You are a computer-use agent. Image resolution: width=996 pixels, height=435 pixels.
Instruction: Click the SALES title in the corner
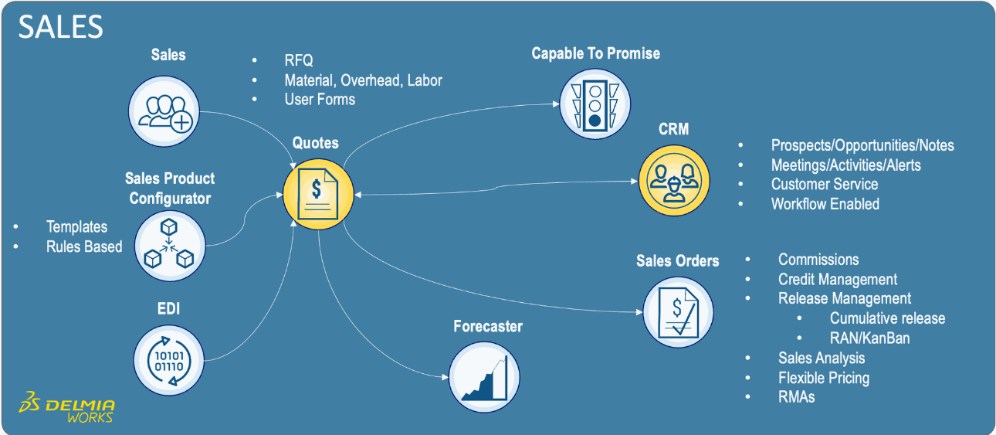coord(60,28)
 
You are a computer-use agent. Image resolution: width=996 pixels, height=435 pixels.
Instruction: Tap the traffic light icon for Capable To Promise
coord(595,103)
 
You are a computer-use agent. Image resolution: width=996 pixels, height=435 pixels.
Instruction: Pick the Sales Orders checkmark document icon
coord(677,312)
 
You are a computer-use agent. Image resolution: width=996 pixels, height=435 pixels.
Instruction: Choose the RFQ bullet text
coord(299,60)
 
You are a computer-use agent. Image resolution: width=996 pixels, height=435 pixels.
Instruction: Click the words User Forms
coord(320,99)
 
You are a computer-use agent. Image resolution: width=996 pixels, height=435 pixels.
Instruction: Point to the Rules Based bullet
coord(84,246)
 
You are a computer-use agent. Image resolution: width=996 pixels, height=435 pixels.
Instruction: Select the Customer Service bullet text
coord(824,184)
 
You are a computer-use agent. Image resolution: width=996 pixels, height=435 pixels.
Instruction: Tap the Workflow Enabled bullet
coord(825,204)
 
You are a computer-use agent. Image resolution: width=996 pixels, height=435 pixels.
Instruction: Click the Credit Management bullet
coord(837,279)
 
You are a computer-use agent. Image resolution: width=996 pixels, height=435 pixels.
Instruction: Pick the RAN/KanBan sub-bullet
coord(869,338)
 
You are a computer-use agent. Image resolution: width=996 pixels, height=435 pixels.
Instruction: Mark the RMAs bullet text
coord(796,397)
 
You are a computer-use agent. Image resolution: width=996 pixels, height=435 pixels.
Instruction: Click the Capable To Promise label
coord(595,53)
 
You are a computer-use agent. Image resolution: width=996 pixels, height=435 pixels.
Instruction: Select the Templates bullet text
coord(76,226)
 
